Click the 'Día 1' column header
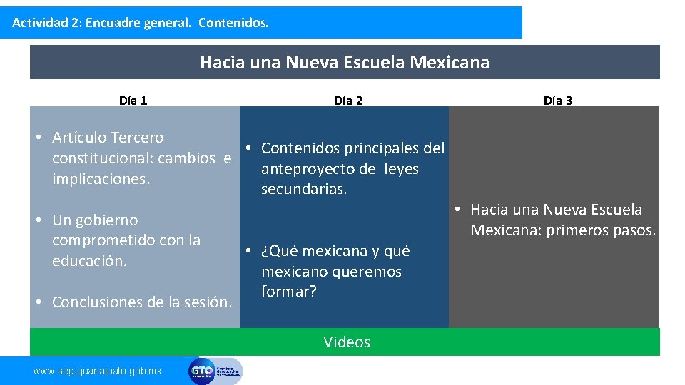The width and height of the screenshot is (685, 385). [x=133, y=101]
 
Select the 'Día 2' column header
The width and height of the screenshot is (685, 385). [x=348, y=101]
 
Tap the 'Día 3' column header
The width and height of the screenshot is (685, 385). [x=558, y=101]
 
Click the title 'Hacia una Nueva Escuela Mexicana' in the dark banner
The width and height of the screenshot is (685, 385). [x=345, y=63]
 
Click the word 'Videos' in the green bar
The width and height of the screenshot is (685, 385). [x=347, y=342]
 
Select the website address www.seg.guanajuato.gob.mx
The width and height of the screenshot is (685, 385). [x=98, y=371]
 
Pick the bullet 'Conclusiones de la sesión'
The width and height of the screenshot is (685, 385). [x=142, y=302]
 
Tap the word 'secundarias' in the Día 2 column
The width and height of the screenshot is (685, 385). [x=304, y=190]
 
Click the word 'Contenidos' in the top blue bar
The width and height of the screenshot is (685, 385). [x=233, y=23]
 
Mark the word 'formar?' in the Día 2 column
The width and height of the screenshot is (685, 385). [x=289, y=292]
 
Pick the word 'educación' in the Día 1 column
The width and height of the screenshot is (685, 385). [x=89, y=261]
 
